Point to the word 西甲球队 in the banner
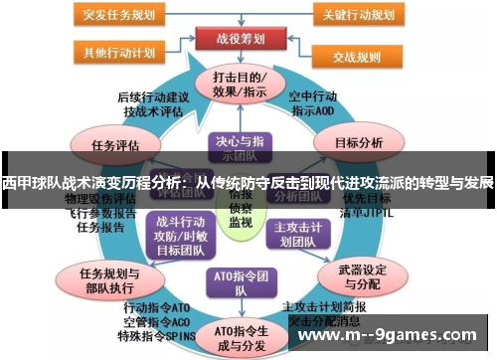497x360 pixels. [x=30, y=183]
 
